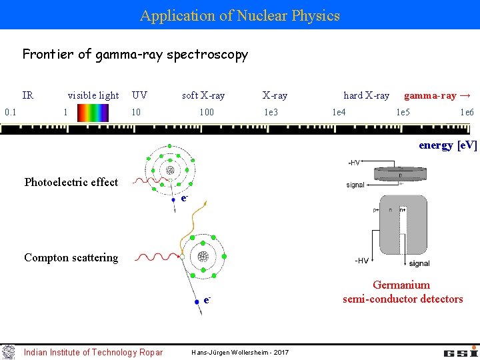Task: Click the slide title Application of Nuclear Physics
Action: pyautogui.click(x=240, y=15)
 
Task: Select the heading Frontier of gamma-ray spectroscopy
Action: pyautogui.click(x=135, y=55)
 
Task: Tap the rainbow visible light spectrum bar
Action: pyautogui.click(x=92, y=112)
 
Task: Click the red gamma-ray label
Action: pyautogui.click(x=438, y=95)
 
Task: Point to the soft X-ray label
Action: pyautogui.click(x=203, y=95)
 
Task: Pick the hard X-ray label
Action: pyautogui.click(x=366, y=95)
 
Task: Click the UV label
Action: pyautogui.click(x=139, y=95)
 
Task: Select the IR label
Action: pyautogui.click(x=28, y=95)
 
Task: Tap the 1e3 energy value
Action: pyautogui.click(x=271, y=112)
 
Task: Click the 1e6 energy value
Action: pyautogui.click(x=467, y=112)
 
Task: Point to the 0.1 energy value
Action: pyautogui.click(x=11, y=112)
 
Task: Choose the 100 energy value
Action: pyautogui.click(x=207, y=112)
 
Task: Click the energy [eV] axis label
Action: pyautogui.click(x=448, y=145)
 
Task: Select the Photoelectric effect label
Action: pyautogui.click(x=71, y=182)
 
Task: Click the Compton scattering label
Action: pyautogui.click(x=71, y=257)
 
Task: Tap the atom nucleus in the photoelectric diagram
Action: pyautogui.click(x=170, y=170)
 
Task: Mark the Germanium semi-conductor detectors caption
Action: pyautogui.click(x=403, y=292)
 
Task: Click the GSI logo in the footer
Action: pyautogui.click(x=460, y=351)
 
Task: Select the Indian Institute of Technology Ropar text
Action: pyautogui.click(x=93, y=352)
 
